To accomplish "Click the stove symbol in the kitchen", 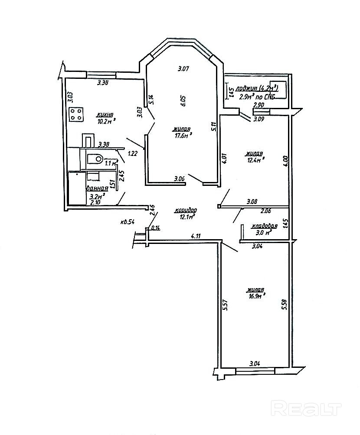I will point(76,115).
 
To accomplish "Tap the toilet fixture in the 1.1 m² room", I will point(95,159).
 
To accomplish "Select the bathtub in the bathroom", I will point(76,188).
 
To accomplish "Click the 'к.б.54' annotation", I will point(128,222).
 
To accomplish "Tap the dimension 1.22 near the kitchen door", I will point(133,153).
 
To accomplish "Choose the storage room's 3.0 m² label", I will point(264,232).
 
